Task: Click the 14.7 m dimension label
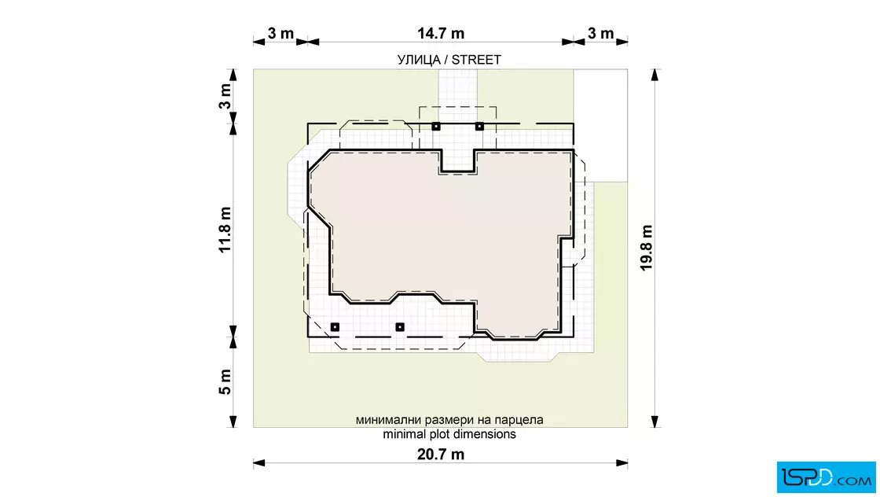click(x=441, y=34)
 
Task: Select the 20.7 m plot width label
click(x=441, y=455)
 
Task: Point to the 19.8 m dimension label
click(x=647, y=248)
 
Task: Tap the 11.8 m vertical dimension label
click(x=225, y=230)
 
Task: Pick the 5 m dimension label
click(x=225, y=382)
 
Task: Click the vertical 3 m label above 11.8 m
click(x=225, y=97)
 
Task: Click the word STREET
click(x=476, y=60)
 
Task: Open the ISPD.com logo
click(x=826, y=477)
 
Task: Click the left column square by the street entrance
click(x=436, y=127)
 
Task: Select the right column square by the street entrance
click(x=479, y=127)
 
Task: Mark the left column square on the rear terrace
click(x=335, y=327)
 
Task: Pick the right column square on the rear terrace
click(x=400, y=327)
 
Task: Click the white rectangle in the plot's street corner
click(x=600, y=125)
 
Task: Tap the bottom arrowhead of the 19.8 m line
click(x=654, y=422)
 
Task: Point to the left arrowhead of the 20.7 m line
click(x=258, y=463)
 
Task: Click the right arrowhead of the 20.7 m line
click(x=621, y=463)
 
